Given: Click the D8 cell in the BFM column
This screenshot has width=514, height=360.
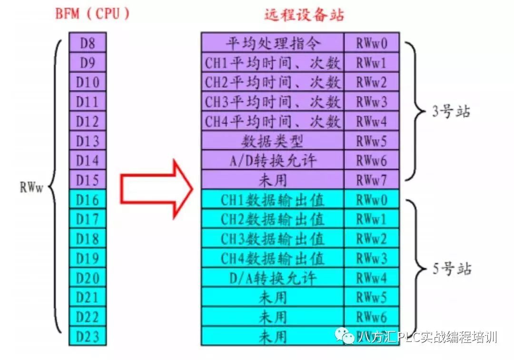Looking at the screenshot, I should (x=88, y=43).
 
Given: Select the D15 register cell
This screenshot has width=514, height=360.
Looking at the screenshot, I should (x=88, y=180).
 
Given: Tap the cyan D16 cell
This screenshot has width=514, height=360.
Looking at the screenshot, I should (x=88, y=200).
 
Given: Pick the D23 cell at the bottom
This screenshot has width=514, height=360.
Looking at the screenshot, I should (x=88, y=336).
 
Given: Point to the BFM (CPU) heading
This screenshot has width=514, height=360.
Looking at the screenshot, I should (x=92, y=14).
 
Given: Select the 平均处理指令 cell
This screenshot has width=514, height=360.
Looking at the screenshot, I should (x=273, y=43).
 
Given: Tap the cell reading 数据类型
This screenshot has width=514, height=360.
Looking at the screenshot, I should (x=273, y=141).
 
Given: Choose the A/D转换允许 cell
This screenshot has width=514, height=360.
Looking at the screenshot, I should (x=273, y=161).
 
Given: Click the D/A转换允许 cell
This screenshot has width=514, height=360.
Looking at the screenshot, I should (x=273, y=278).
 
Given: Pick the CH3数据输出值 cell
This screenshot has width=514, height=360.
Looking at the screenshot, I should (x=273, y=239).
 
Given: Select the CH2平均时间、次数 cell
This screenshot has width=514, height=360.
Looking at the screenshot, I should (x=273, y=82).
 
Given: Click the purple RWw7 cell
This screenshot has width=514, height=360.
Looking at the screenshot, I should (x=372, y=180).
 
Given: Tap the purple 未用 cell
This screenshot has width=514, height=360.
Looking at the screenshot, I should (x=273, y=180).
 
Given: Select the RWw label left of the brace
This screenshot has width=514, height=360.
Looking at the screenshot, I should (x=32, y=187).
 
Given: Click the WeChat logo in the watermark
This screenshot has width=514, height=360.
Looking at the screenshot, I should (x=345, y=336).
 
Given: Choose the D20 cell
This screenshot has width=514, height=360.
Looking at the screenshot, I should (x=88, y=278).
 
